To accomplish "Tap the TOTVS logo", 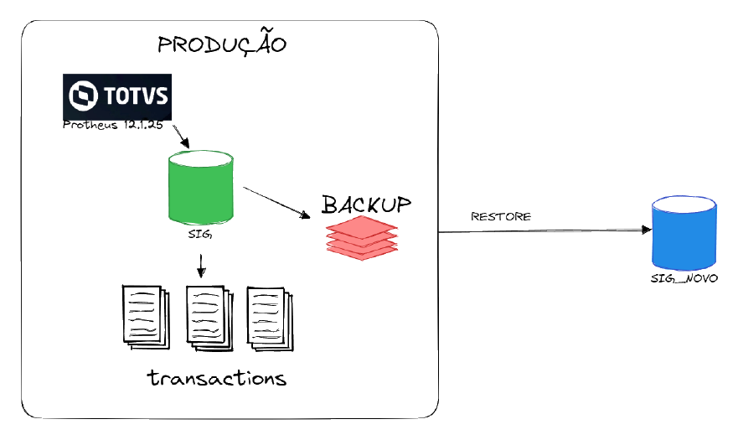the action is pyautogui.click(x=117, y=97).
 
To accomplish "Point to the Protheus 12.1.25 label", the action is pyautogui.click(x=113, y=125).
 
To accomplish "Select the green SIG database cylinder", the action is pyautogui.click(x=201, y=187).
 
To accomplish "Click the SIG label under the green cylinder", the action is pyautogui.click(x=200, y=234).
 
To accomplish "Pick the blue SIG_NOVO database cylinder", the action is pyautogui.click(x=684, y=233).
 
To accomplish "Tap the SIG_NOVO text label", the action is pyautogui.click(x=684, y=278).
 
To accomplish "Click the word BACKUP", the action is pyautogui.click(x=366, y=205).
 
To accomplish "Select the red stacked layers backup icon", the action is pyautogui.click(x=362, y=238).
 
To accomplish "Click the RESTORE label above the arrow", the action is pyautogui.click(x=501, y=217).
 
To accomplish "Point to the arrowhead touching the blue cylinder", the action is pyautogui.click(x=648, y=230).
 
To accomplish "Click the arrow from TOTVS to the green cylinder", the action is pyautogui.click(x=181, y=137).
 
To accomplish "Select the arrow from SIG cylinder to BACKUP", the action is pyautogui.click(x=276, y=203).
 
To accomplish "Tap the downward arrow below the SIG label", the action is pyautogui.click(x=201, y=267).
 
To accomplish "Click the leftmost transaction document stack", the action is pyautogui.click(x=146, y=317).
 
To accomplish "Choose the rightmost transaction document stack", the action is pyautogui.click(x=271, y=319).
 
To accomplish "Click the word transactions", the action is pyautogui.click(x=217, y=378).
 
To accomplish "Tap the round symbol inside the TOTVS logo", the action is pyautogui.click(x=83, y=96).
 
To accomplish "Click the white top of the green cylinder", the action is pyautogui.click(x=201, y=158).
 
